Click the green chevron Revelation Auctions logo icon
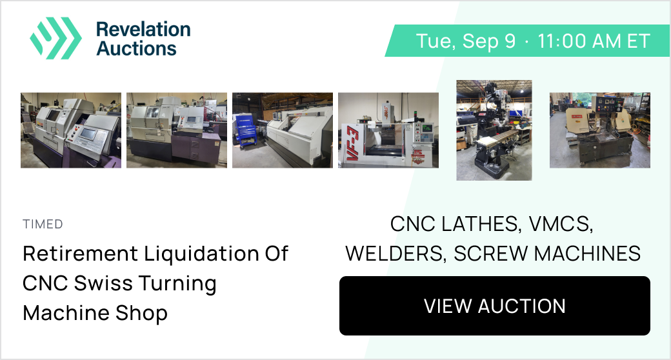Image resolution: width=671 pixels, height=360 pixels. click(x=55, y=38)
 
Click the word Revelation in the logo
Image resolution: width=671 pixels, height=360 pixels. click(x=143, y=29)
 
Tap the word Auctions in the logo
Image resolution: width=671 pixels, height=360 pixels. click(x=137, y=48)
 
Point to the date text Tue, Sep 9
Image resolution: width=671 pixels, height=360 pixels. click(x=466, y=41)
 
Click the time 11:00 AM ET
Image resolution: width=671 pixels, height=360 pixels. click(x=594, y=41)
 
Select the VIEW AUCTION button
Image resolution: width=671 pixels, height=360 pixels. click(x=495, y=306)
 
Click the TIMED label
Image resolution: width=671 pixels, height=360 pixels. click(x=43, y=224)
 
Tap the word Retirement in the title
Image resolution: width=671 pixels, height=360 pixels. click(x=80, y=253)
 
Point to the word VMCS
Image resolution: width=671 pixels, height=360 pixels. click(x=561, y=224)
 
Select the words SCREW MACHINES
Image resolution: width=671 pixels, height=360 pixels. click(x=547, y=254)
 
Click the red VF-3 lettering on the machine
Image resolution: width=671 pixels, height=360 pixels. click(x=353, y=143)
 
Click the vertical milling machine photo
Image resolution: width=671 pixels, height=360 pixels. click(x=494, y=130)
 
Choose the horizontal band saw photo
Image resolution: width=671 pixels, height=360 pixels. click(x=599, y=130)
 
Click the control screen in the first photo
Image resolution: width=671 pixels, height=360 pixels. click(x=88, y=134)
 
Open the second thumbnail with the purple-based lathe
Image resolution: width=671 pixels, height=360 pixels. click(x=176, y=130)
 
